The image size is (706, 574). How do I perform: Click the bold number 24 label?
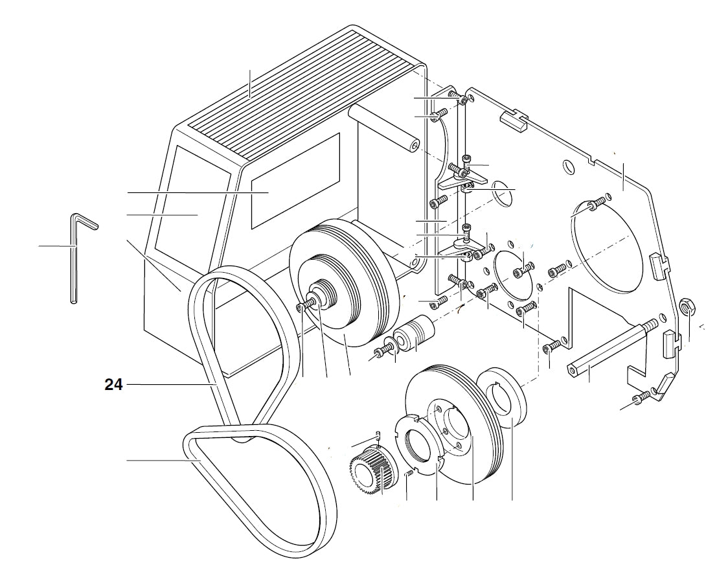113,384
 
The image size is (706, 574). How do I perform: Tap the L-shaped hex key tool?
74,259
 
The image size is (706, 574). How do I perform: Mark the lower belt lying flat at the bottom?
259,479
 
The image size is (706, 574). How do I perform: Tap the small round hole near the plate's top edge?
567,167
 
